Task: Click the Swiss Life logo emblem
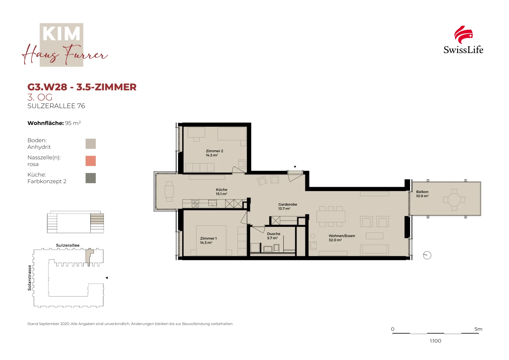[x=463, y=35]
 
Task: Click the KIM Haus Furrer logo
[x=65, y=45]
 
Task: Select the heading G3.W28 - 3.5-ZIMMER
[x=82, y=87]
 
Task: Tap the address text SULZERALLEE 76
[x=56, y=106]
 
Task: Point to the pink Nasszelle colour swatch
[x=90, y=161]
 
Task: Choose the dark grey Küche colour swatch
[x=90, y=178]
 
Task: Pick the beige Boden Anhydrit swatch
[x=90, y=143]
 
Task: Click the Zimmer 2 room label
[x=214, y=153]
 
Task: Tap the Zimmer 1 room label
[x=208, y=240]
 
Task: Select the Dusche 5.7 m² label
[x=273, y=236]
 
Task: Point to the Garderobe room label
[x=288, y=206]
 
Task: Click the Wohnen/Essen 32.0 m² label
[x=342, y=238]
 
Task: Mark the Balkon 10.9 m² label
[x=422, y=194]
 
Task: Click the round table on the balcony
[x=454, y=200]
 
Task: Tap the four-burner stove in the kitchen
[x=195, y=204]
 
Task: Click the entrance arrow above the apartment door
[x=295, y=167]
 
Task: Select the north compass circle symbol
[x=427, y=255]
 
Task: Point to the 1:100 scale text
[x=436, y=341]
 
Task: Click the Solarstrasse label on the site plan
[x=30, y=278]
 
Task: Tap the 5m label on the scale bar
[x=478, y=329]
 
